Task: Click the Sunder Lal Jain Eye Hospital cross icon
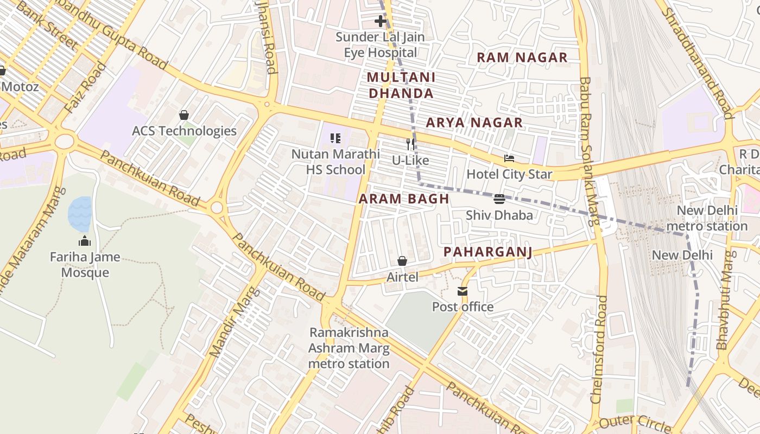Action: click(x=381, y=21)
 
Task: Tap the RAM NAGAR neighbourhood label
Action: click(x=522, y=58)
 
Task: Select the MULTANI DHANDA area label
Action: click(x=401, y=85)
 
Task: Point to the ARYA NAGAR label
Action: click(x=474, y=123)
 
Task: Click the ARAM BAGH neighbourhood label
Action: click(x=404, y=199)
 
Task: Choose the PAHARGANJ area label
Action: click(x=487, y=252)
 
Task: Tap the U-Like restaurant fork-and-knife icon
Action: click(x=411, y=144)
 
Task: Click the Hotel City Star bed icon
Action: click(x=509, y=158)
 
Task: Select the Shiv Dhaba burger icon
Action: click(x=499, y=199)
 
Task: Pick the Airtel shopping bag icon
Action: click(x=402, y=261)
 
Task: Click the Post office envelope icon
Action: click(x=463, y=291)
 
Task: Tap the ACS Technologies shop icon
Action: click(x=184, y=115)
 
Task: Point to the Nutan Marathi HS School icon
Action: click(x=335, y=138)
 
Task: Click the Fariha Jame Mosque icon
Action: click(x=85, y=241)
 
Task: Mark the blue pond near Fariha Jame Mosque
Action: click(x=79, y=214)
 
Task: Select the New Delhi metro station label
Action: click(x=707, y=218)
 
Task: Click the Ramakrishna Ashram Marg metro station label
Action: click(x=349, y=348)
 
